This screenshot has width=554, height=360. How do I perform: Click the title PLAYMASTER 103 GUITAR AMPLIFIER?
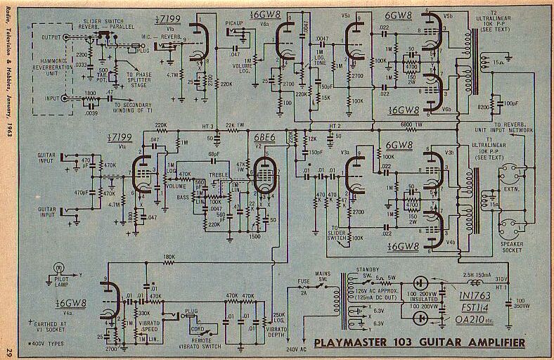[x=419, y=343]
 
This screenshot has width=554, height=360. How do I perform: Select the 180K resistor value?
[x=169, y=256]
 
